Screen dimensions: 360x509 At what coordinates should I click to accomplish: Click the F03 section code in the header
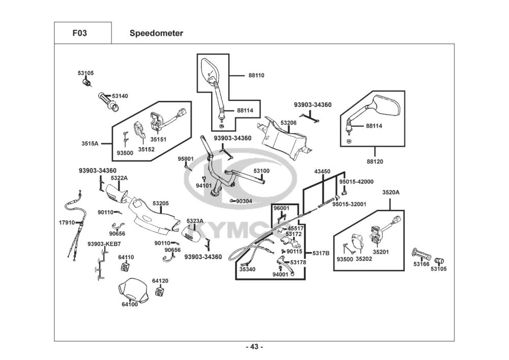point(79,34)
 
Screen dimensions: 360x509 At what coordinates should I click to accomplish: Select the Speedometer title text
point(156,34)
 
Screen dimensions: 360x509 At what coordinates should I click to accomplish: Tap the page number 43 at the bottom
point(254,347)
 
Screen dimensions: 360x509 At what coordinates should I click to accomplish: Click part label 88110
point(257,75)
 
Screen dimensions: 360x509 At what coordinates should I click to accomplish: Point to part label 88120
point(375,161)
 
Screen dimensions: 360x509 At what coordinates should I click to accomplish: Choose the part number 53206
point(288,123)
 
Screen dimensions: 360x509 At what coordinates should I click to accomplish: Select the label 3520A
point(391,192)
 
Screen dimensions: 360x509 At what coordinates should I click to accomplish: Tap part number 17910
point(67,223)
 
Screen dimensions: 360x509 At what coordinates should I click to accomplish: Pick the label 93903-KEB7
point(104,244)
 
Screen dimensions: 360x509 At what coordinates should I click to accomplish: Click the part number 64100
point(129,304)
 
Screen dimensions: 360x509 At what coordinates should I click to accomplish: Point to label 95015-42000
point(356,182)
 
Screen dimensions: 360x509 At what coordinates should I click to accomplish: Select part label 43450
point(322,172)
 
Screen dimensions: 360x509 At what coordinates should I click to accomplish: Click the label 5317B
point(321,253)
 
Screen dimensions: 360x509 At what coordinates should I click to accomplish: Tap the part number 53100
point(262,171)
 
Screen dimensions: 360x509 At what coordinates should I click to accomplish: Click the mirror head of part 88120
point(387,106)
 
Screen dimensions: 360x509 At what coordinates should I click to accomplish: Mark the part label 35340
point(247,269)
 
